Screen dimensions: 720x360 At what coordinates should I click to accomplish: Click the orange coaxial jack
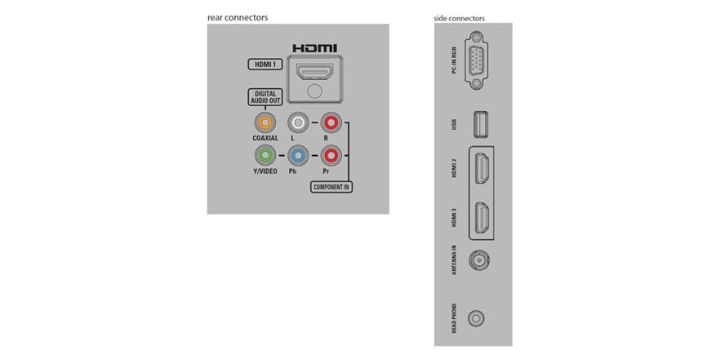(x=264, y=123)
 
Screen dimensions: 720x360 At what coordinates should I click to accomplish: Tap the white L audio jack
(x=300, y=123)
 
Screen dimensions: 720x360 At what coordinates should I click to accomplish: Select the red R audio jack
(x=331, y=123)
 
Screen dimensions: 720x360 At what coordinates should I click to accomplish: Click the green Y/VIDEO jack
(x=264, y=155)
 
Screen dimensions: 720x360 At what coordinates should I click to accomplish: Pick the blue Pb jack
(x=300, y=155)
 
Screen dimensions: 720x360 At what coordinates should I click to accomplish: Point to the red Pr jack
(x=331, y=155)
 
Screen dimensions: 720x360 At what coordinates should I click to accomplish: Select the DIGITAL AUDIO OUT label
(x=264, y=97)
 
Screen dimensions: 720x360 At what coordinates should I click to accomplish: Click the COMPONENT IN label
(x=331, y=187)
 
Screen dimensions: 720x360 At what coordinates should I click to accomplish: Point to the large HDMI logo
(x=314, y=47)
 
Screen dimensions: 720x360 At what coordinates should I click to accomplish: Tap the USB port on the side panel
(x=481, y=124)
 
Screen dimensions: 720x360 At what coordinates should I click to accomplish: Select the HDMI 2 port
(x=482, y=168)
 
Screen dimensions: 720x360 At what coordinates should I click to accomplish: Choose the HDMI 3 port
(x=482, y=217)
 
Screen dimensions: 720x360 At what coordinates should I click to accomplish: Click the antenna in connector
(x=479, y=261)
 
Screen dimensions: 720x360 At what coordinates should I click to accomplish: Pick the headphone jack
(x=479, y=317)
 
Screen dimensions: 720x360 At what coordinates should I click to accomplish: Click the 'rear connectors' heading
(x=238, y=18)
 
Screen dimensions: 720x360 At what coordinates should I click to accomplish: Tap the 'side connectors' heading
(x=459, y=18)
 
